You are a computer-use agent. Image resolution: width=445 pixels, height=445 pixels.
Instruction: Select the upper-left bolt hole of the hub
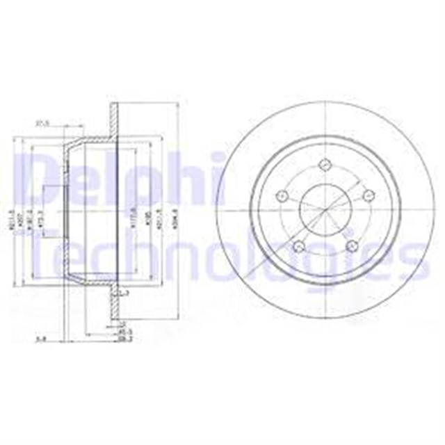click(x=282, y=195)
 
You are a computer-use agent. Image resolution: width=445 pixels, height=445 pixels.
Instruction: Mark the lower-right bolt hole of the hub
click(x=350, y=245)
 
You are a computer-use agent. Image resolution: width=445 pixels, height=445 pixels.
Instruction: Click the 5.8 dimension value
click(x=42, y=339)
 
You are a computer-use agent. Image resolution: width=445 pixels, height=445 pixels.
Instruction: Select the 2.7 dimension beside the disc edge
click(x=124, y=295)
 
